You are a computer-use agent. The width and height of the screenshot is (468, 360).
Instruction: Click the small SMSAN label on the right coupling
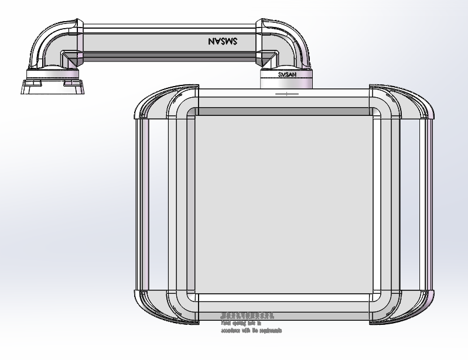tap(286, 75)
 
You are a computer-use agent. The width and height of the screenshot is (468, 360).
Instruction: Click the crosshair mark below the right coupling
tap(286, 93)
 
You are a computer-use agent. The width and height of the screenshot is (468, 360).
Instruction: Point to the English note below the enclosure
tap(251, 327)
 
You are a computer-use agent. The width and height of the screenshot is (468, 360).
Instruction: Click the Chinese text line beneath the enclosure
tap(247, 316)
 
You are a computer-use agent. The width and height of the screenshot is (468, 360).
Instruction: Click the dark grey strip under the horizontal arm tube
tap(170, 57)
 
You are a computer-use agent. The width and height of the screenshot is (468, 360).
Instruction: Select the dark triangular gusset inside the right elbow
tap(269, 58)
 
